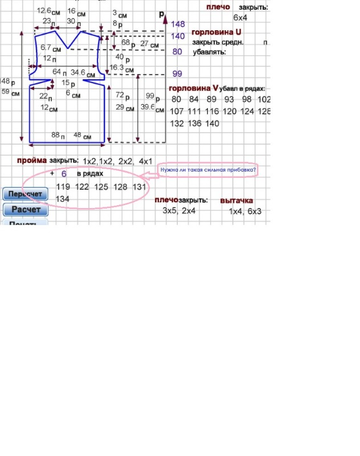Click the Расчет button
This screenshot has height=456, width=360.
(26, 210)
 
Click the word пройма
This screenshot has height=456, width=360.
(31, 161)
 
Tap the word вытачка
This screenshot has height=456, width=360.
(236, 201)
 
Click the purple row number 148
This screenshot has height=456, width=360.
(178, 24)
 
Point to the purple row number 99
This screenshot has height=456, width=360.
(177, 74)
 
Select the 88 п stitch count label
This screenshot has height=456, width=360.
(58, 136)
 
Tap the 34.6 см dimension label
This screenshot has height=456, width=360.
(83, 73)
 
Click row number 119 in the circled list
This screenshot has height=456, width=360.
(63, 186)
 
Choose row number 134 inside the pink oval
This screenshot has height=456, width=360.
(63, 198)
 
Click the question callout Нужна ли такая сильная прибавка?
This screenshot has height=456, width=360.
(207, 169)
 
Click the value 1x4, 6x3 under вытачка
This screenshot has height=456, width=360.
(245, 211)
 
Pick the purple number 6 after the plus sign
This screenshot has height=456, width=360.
(64, 173)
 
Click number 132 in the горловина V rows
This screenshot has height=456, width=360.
(177, 123)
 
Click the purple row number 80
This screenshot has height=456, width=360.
(177, 51)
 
